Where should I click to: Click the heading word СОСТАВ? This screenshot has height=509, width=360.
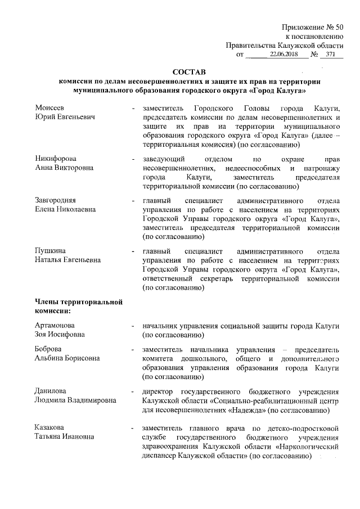tap(190, 71)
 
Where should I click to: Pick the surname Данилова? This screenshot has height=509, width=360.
tap(51, 391)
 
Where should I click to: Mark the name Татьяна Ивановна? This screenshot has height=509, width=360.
tap(62, 437)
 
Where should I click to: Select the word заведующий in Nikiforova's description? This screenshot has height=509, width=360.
tap(163, 159)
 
